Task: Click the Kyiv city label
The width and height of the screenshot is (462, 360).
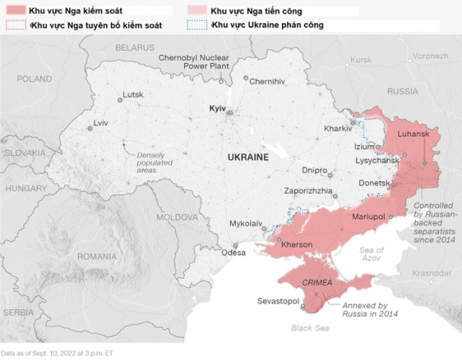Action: [x=217, y=108]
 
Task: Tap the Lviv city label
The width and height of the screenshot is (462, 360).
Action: [x=100, y=123]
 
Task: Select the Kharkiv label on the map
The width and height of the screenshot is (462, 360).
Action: [x=339, y=128]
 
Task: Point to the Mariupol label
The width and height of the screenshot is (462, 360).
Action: [x=368, y=216]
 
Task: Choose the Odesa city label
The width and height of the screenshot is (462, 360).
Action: [x=233, y=252]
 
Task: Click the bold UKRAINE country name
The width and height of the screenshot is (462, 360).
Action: [x=248, y=158]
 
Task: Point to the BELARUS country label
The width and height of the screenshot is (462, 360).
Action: [x=134, y=48]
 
